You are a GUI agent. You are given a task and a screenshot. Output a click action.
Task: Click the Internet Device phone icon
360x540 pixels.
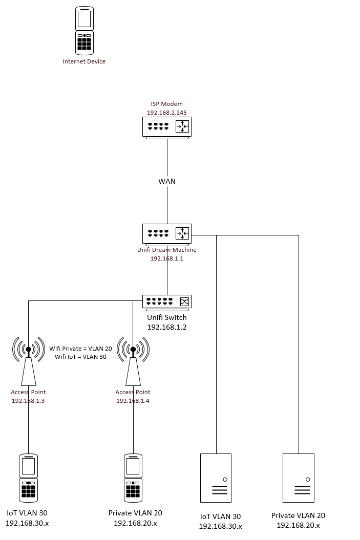[x=84, y=31]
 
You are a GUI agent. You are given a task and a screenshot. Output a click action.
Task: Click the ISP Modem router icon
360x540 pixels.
[x=166, y=127]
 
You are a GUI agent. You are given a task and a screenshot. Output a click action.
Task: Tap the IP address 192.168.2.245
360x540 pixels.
[x=166, y=112]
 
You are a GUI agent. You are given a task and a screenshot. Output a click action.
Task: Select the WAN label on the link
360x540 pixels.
[x=167, y=181]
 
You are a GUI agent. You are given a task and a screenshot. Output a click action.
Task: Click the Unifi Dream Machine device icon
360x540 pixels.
[x=166, y=233]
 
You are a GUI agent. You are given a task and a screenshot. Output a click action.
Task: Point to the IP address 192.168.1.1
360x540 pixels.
[x=166, y=258]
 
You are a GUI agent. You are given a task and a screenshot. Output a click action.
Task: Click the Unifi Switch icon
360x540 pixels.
[x=166, y=302]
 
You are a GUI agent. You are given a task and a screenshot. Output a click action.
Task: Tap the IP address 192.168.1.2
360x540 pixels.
[x=166, y=327]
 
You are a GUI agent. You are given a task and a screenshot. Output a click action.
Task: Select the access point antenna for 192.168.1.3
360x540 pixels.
[x=29, y=361]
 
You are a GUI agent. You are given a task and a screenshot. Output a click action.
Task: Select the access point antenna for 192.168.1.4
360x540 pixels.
[x=133, y=361]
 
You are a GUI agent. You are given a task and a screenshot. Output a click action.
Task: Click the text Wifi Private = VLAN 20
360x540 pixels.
[x=80, y=349]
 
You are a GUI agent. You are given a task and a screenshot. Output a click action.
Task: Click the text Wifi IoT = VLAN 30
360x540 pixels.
[x=80, y=357]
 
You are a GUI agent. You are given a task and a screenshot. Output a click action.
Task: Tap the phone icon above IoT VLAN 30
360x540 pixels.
[x=29, y=478]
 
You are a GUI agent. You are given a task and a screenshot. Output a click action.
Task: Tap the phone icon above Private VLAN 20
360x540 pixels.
[x=133, y=478]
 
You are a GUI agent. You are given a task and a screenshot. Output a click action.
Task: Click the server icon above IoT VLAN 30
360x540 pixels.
[x=216, y=478]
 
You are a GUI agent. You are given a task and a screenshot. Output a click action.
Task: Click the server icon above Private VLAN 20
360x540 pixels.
[x=299, y=478]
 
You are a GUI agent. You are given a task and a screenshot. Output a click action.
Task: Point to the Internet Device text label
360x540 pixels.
[x=84, y=61]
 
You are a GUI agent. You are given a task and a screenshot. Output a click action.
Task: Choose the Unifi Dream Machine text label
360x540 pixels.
[x=166, y=250]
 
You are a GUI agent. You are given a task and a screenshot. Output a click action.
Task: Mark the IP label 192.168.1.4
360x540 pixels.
[x=133, y=401]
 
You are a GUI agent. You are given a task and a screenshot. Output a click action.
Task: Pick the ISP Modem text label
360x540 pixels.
[x=166, y=104]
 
